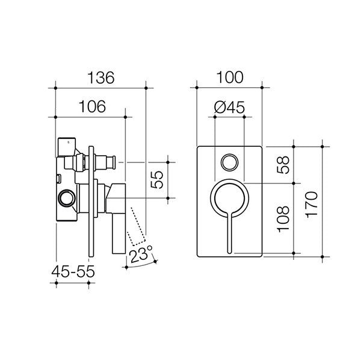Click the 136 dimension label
(100, 77)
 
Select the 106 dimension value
(92, 106)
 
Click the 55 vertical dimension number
(157, 180)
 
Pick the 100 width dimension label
(230, 77)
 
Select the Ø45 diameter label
(229, 106)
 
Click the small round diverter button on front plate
(229, 162)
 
